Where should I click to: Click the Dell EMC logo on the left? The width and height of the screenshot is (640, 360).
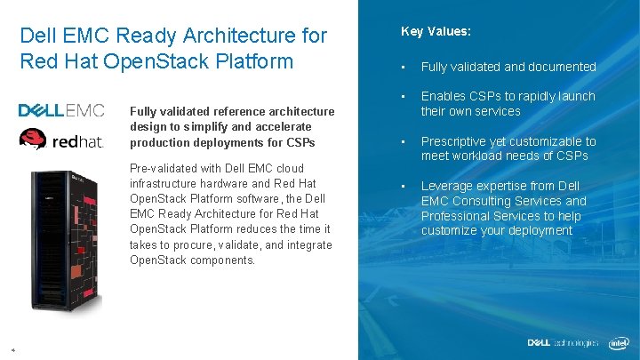[x=61, y=110]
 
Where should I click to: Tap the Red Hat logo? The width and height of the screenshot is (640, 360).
[x=61, y=140]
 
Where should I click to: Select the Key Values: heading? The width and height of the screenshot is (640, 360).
[x=436, y=31]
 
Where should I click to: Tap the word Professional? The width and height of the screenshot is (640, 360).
[x=456, y=216]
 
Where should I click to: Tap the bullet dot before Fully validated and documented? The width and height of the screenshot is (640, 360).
[x=404, y=68]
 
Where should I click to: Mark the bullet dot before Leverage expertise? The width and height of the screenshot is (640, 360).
[x=404, y=187]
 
